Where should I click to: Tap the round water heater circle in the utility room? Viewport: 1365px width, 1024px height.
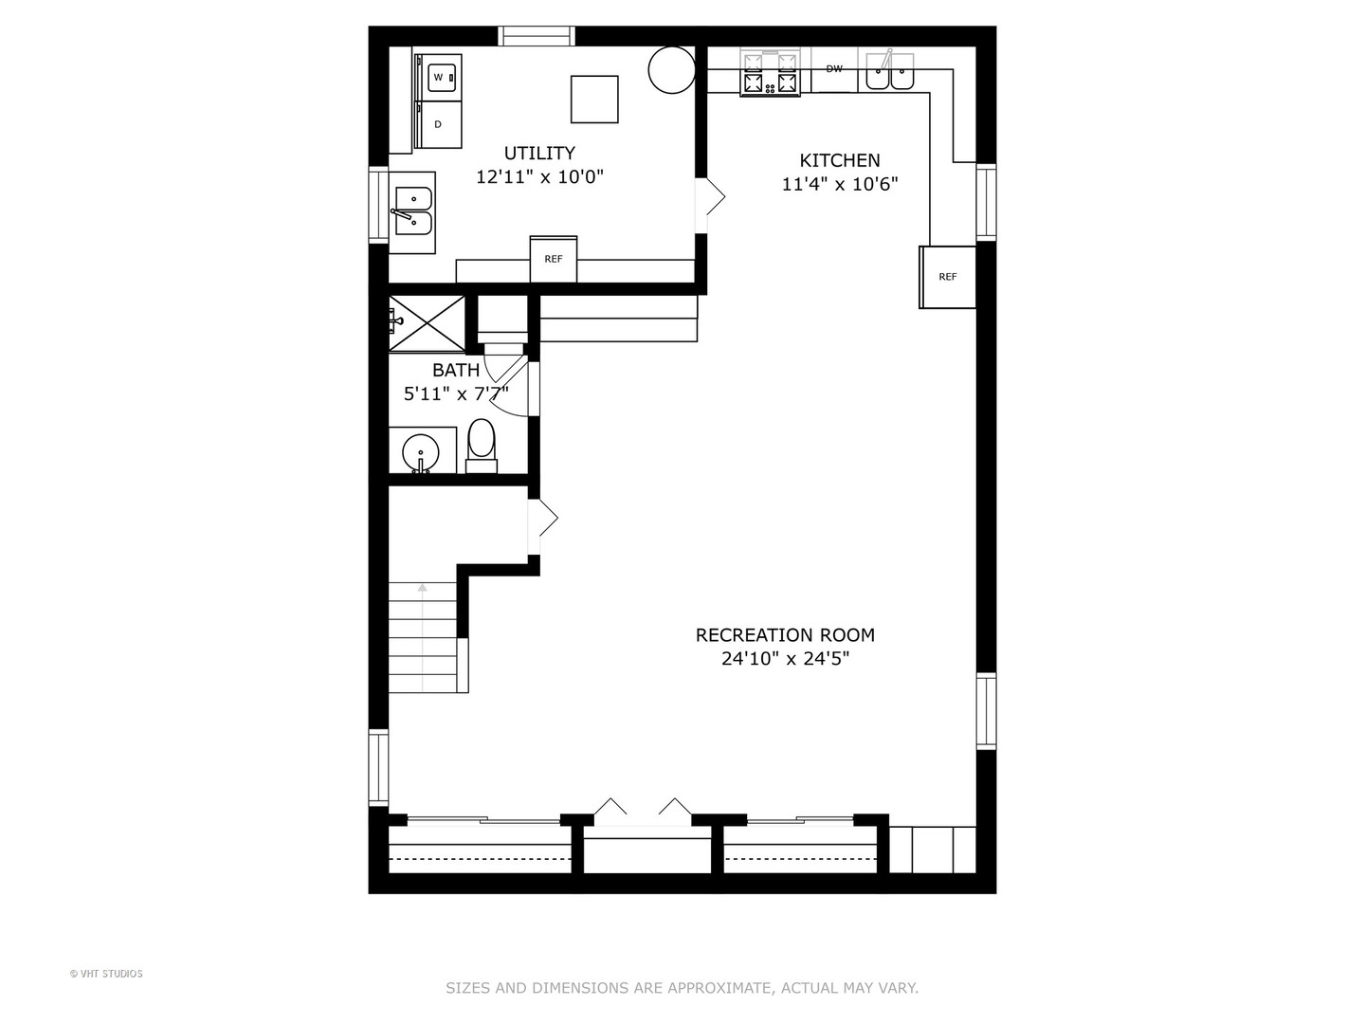coord(671,69)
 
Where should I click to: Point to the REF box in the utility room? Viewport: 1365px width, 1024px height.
coord(553,259)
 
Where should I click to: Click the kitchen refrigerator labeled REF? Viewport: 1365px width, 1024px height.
coord(947,277)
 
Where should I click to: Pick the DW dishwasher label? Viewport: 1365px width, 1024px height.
coord(834,68)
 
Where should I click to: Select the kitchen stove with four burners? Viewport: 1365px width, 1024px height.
coord(770,73)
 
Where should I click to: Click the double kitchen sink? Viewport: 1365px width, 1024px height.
coord(889,71)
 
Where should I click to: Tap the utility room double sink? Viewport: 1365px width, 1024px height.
coord(412,212)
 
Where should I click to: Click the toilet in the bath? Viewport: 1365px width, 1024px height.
coord(482,446)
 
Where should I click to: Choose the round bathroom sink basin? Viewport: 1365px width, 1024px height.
coord(421,453)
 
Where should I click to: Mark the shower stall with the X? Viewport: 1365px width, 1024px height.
coord(427,323)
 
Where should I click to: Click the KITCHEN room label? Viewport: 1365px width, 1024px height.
coord(840,160)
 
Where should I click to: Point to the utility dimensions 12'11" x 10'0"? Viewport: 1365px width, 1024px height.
coord(539,177)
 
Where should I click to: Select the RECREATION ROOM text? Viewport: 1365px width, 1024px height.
coord(785,635)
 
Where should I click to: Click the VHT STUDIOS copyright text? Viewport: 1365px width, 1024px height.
coord(106,974)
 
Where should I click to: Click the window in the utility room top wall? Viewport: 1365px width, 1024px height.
coord(537,35)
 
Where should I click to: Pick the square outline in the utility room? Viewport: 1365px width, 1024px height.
coord(594,100)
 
